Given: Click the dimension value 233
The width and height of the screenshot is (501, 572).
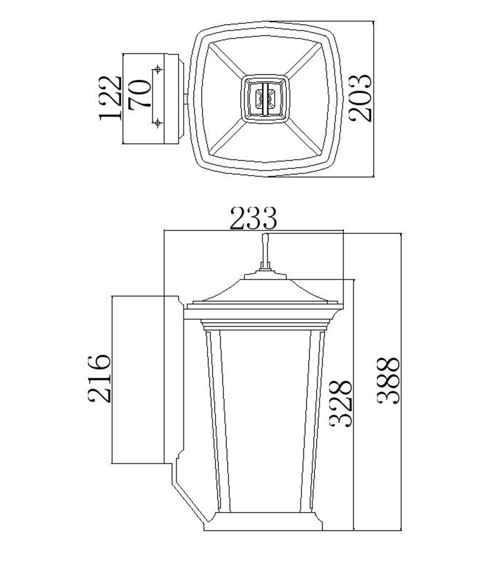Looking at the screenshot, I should coord(253,219).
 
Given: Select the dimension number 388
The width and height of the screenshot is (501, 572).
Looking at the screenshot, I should coord(389,380).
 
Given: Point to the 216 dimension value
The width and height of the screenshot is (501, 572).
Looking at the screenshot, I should coord(100,378).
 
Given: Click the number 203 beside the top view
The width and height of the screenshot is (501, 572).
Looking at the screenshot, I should coord(362,97).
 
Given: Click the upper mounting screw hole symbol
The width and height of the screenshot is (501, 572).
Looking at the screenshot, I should coord(158,68).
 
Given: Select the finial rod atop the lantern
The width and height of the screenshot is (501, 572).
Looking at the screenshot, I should coord(265,251).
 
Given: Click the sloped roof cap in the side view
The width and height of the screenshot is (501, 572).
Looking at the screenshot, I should coord(265,289).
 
